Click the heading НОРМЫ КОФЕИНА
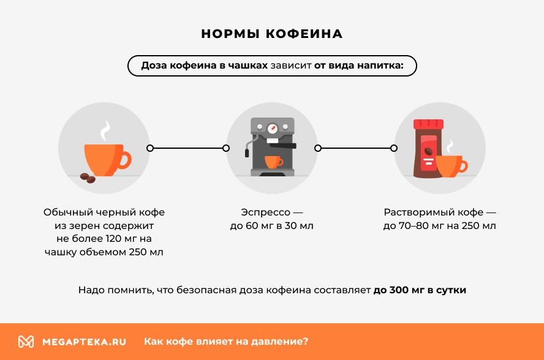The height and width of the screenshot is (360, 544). (x=271, y=34)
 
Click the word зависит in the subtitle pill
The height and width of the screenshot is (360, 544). (x=290, y=66)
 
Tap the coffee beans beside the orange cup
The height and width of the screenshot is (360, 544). (x=88, y=178)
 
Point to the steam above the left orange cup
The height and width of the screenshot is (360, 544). (x=106, y=130)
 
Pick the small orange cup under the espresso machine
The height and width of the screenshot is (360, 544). (x=273, y=161)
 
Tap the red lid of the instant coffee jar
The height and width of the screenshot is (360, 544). (x=428, y=124)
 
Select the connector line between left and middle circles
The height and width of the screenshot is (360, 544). (x=188, y=148)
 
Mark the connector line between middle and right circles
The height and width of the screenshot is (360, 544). (x=356, y=148)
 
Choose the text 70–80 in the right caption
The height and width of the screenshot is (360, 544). (x=412, y=226)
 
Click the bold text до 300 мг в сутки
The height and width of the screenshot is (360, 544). (x=420, y=290)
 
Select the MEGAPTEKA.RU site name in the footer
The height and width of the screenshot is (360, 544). (x=84, y=342)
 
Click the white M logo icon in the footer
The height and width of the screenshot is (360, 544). (x=26, y=342)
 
